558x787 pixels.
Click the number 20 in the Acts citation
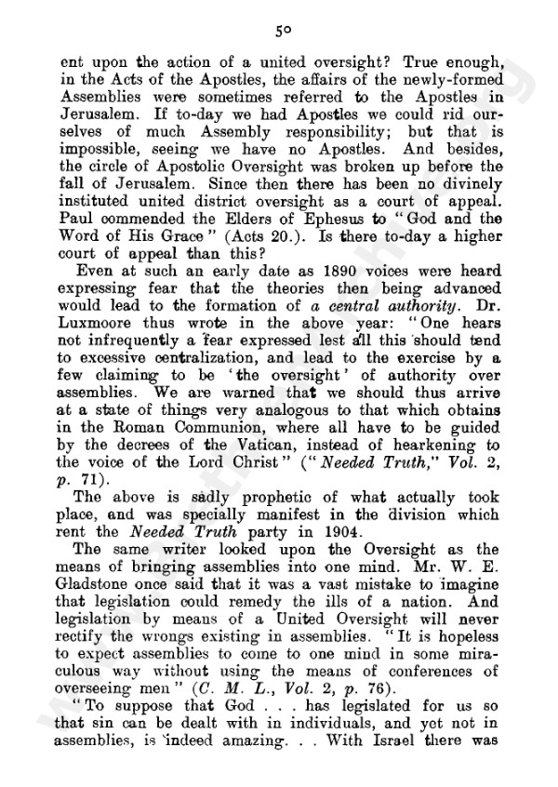(x=292, y=256)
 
